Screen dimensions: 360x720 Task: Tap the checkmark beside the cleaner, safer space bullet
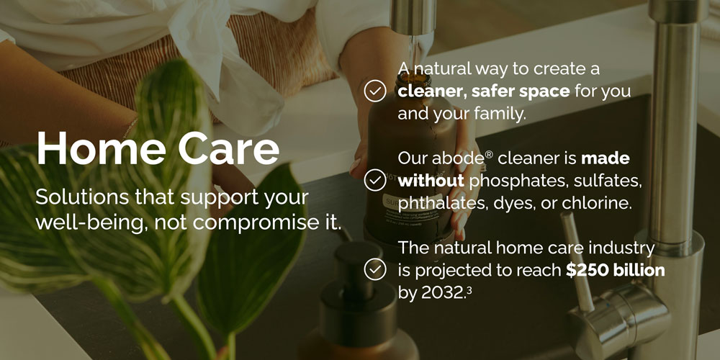click(x=375, y=91)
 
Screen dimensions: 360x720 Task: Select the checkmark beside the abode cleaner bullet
click(x=375, y=180)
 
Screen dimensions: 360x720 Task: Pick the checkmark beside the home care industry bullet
click(x=375, y=269)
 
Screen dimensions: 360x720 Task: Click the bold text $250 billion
click(x=615, y=270)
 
